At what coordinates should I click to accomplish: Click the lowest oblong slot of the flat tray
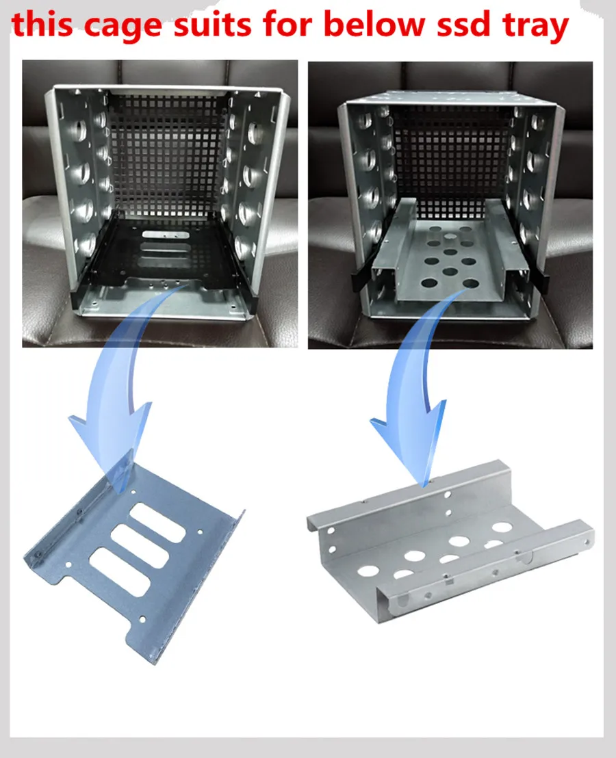[119, 572]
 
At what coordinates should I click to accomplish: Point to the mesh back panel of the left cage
[167, 155]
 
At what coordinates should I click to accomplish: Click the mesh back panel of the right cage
[452, 155]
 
